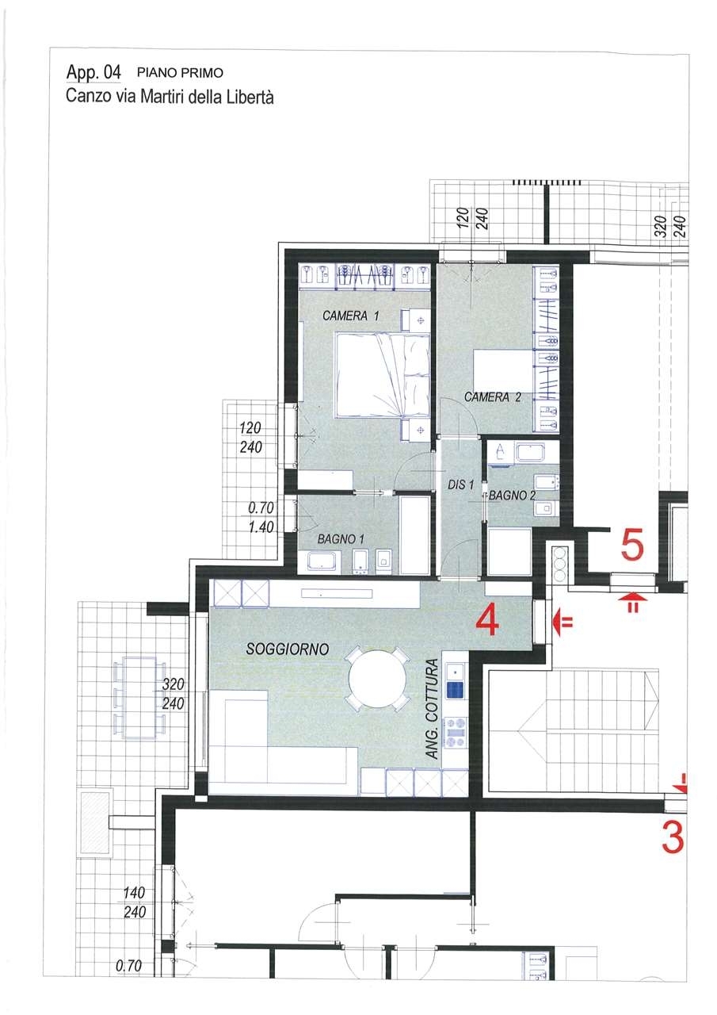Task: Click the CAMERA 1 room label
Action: click(351, 316)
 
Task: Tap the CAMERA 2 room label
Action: click(493, 397)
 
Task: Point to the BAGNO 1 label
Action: click(341, 539)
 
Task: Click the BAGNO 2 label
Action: click(512, 496)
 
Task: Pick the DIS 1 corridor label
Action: click(460, 485)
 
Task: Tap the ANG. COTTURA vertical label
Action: click(433, 709)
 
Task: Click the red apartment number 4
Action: click(486, 619)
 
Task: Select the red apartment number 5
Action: click(632, 546)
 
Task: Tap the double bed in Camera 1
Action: click(382, 375)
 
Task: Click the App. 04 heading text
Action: click(93, 72)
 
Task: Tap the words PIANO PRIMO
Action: click(180, 73)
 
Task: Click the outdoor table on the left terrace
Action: click(140, 698)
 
